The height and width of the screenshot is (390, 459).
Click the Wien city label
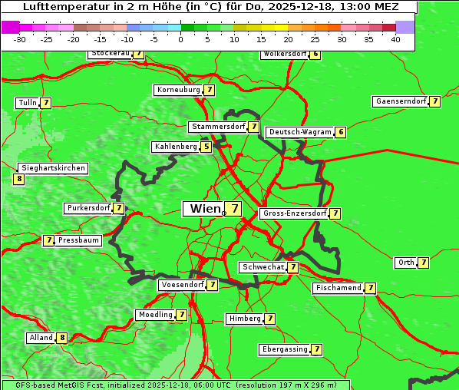[x=203, y=209]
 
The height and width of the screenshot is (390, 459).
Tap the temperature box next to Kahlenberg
[x=206, y=147]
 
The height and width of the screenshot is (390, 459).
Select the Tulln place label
[x=27, y=103]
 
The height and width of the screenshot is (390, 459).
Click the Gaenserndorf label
[x=399, y=101]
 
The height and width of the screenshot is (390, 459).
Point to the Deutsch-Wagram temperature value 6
[x=341, y=132]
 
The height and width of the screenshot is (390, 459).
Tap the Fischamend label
[x=337, y=288]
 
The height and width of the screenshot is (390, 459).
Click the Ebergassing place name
[x=284, y=349]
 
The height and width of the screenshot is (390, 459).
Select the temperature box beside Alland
[x=62, y=338]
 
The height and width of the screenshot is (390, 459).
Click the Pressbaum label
[x=79, y=240]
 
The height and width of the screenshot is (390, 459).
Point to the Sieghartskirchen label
[x=53, y=168]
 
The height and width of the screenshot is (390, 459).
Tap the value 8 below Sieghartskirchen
[x=19, y=179]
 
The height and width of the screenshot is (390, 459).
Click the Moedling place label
[x=155, y=315]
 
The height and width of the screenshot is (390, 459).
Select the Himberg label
[x=245, y=319]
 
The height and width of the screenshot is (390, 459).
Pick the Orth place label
[x=405, y=263]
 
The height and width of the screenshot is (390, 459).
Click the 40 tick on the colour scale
[x=395, y=40]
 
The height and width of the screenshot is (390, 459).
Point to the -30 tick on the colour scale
[x=20, y=40]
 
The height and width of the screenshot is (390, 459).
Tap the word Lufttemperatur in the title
[x=60, y=6]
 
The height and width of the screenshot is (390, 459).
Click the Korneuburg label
[x=178, y=90]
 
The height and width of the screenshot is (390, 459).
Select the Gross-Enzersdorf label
[x=294, y=213]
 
